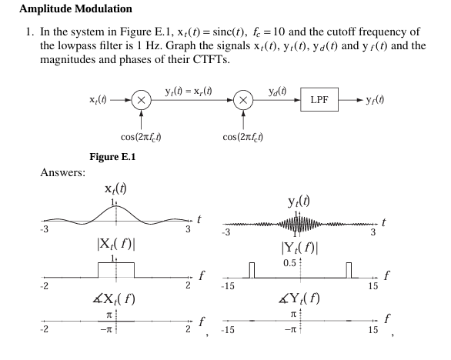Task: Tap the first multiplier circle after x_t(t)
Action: pos(141,101)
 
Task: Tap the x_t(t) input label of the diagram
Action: pos(103,101)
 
